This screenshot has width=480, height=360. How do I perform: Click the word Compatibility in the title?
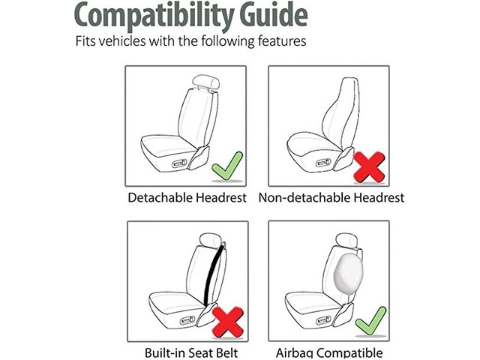click(154, 16)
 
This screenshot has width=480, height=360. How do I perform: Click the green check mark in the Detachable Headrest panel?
click(227, 166)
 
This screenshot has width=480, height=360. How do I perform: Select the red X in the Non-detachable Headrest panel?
click(369, 167)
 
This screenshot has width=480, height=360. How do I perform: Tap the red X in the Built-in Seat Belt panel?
click(228, 322)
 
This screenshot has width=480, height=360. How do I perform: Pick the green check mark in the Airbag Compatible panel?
click(371, 322)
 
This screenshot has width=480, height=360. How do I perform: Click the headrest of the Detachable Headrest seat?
click(205, 82)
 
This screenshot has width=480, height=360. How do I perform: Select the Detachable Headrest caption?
click(187, 198)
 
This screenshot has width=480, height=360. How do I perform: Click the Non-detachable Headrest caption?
click(331, 198)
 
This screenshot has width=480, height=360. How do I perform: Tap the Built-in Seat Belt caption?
click(191, 352)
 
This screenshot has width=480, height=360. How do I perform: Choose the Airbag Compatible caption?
click(329, 352)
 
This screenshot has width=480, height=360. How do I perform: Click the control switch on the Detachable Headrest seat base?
click(179, 163)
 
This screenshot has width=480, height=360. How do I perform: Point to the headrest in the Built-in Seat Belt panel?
click(210, 240)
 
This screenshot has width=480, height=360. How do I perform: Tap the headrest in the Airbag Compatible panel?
click(346, 239)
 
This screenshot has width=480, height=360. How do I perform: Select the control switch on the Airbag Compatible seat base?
click(323, 320)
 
